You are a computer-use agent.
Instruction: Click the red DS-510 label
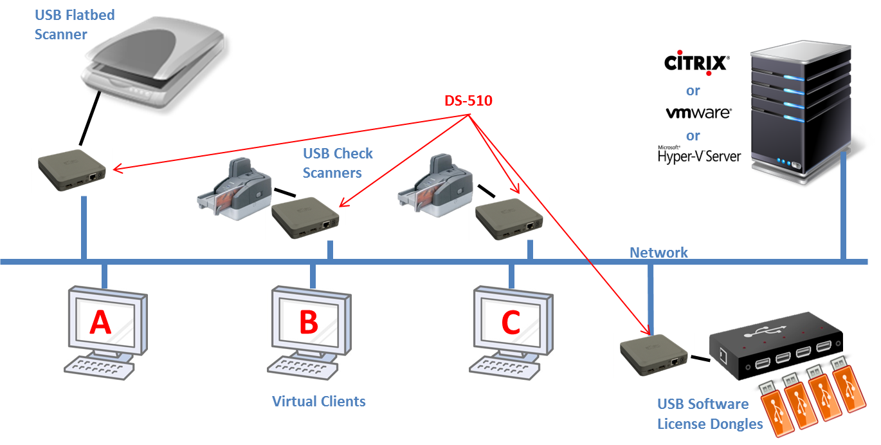(468, 100)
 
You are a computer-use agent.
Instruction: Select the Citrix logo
(696, 63)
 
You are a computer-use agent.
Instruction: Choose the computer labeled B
(309, 322)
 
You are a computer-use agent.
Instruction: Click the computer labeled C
(511, 322)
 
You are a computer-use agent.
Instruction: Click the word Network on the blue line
(658, 252)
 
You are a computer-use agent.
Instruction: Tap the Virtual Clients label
(319, 401)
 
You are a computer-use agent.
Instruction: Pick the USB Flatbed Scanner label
(74, 24)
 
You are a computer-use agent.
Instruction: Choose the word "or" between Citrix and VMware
(693, 90)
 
